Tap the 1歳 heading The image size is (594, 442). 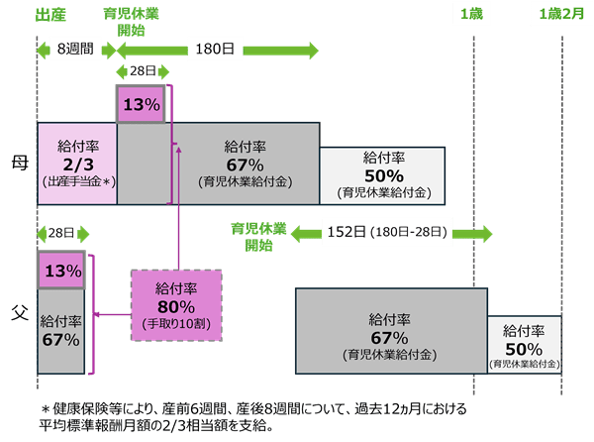coord(469,14)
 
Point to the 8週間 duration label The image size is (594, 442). coord(75,49)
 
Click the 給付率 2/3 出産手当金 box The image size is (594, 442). coord(77,164)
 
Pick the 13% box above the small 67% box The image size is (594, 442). coord(61,271)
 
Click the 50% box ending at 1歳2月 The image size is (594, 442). coord(524,345)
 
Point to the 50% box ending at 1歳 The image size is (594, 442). coord(381,173)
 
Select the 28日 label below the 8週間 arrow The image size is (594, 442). coord(60,233)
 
